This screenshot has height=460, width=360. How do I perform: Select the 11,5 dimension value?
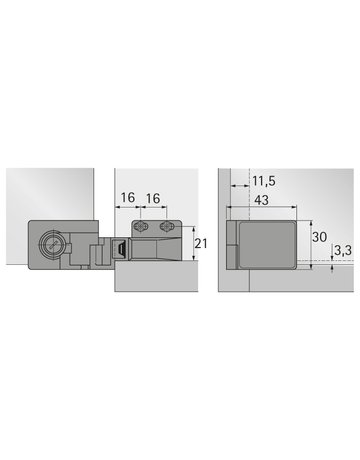264,183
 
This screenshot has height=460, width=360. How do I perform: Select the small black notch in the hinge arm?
119,248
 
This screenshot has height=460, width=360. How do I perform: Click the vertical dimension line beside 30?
304,243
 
